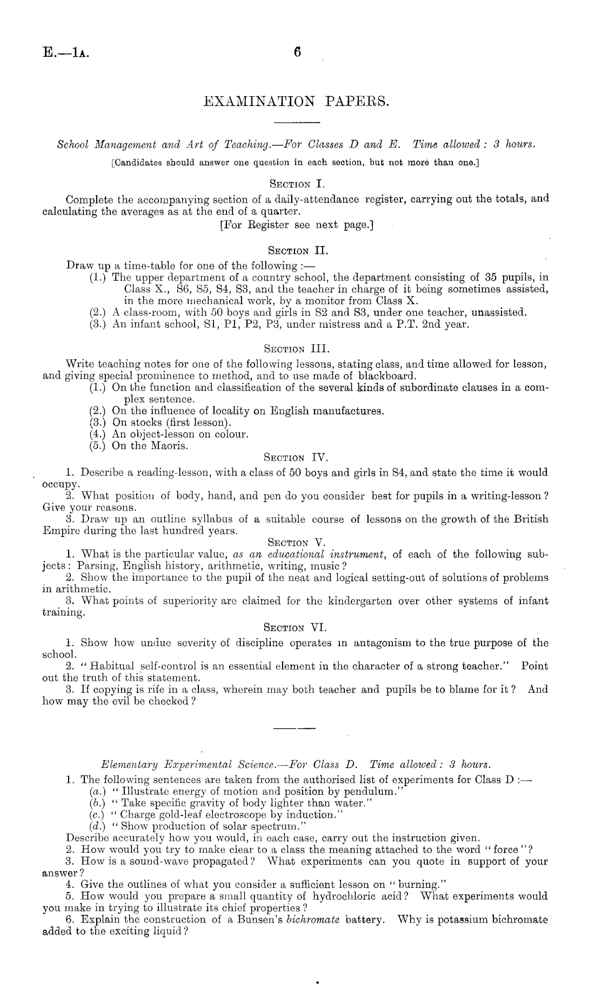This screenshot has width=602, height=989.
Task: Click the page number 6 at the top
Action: click(297, 52)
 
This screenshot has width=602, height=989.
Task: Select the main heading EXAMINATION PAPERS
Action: click(297, 101)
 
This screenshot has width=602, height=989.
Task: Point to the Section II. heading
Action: click(297, 250)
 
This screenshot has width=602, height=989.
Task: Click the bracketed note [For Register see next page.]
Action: click(297, 224)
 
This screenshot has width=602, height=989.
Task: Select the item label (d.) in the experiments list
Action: click(97, 826)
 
